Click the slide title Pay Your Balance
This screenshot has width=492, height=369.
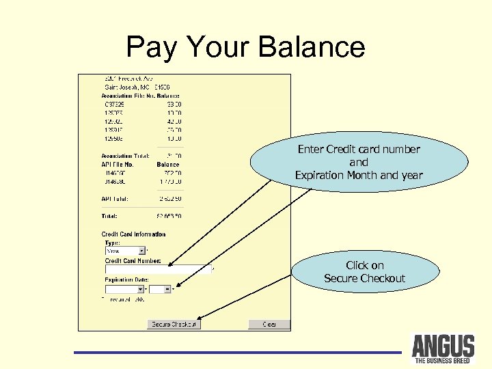[246, 47]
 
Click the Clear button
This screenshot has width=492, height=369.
[269, 324]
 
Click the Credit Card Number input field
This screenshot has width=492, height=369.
[157, 269]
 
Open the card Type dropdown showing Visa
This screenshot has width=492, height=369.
[125, 251]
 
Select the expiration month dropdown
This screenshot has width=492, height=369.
[125, 289]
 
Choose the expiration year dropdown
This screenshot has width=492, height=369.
[160, 289]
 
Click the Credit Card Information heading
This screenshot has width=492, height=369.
[133, 234]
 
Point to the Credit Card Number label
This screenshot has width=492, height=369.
[133, 260]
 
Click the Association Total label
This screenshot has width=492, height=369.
[120, 156]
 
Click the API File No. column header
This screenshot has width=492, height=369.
[117, 165]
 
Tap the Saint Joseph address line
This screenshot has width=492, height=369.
[135, 87]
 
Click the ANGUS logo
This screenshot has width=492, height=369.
[443, 348]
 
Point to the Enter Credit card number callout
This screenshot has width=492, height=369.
[359, 163]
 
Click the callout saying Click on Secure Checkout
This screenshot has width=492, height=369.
[364, 272]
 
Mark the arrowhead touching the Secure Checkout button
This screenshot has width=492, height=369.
[200, 317]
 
